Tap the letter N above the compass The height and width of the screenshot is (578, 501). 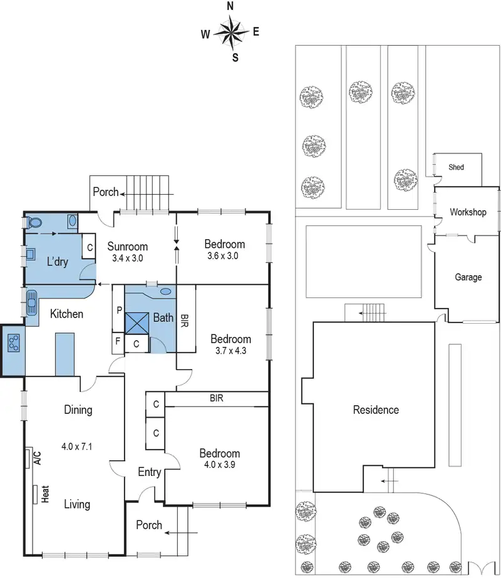pyautogui.click(x=230, y=6)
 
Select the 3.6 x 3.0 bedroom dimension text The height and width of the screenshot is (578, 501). pyautogui.click(x=224, y=255)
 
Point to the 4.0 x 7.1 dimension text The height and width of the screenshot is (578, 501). pyautogui.click(x=77, y=447)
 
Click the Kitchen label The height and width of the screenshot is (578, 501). pyautogui.click(x=66, y=314)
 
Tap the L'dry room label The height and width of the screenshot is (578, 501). pyautogui.click(x=57, y=262)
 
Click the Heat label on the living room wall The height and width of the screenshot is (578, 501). pyautogui.click(x=44, y=494)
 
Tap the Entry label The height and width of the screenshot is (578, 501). pyautogui.click(x=149, y=472)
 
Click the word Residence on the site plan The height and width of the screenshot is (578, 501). pyautogui.click(x=376, y=410)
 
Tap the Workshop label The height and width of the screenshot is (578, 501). pyautogui.click(x=468, y=212)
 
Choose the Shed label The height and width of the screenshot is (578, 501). pyautogui.click(x=456, y=167)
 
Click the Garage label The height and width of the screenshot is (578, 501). pyautogui.click(x=468, y=277)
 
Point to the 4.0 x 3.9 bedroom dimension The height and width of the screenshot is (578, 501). pyautogui.click(x=219, y=465)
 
